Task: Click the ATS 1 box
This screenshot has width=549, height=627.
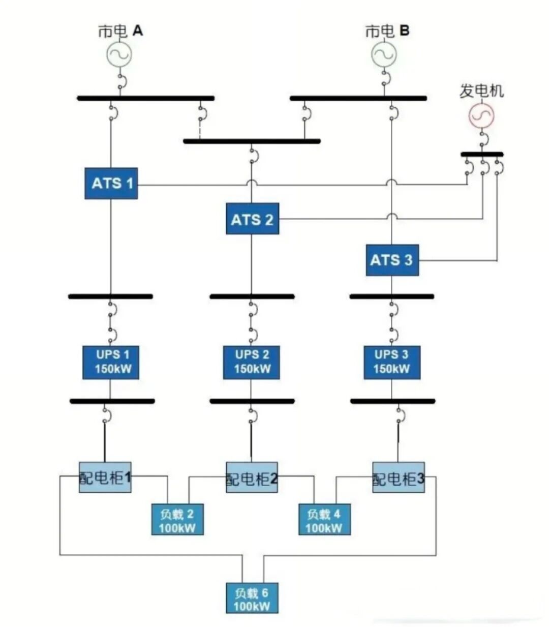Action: click(111, 183)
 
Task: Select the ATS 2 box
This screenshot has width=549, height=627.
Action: click(252, 219)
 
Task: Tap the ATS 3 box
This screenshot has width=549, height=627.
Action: click(392, 260)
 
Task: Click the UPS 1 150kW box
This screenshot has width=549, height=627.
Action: click(110, 362)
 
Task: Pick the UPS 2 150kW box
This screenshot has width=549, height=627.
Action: click(251, 362)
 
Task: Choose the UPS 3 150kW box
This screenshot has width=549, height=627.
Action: click(391, 362)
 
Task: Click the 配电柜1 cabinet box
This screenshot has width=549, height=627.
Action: click(105, 477)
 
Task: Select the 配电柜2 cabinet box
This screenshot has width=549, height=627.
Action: click(252, 477)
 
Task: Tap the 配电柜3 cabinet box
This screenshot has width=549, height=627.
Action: click(398, 477)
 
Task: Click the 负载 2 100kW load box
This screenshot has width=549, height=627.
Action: click(177, 519)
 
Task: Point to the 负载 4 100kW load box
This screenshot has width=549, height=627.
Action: click(324, 519)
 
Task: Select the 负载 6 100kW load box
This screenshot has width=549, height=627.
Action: click(252, 598)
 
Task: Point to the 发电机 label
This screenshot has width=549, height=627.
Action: click(481, 91)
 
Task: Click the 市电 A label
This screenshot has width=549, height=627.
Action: click(120, 31)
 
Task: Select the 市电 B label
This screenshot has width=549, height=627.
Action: click(387, 31)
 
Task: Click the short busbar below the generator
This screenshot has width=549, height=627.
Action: click(482, 154)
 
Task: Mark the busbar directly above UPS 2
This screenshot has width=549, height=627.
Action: click(252, 296)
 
